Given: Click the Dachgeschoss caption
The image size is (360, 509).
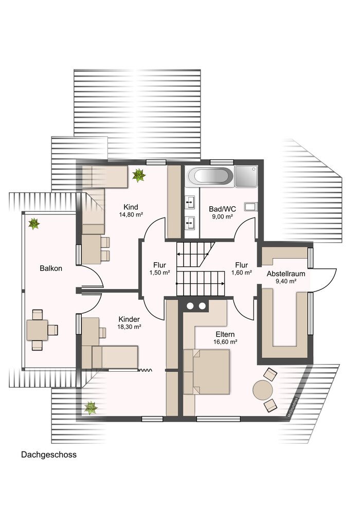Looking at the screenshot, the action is click(49, 455).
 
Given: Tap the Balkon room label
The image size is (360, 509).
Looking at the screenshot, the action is click(50, 268).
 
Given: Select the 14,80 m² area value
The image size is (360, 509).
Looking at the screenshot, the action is click(131, 214).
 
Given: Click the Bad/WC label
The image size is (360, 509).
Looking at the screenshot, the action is click(222, 209).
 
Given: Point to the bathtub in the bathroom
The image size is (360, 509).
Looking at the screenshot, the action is click(210, 176).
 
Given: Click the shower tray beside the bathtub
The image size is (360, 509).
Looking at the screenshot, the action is click(246, 176).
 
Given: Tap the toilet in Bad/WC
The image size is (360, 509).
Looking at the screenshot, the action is click(251, 207).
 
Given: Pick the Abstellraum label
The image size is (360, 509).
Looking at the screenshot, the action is click(286, 274).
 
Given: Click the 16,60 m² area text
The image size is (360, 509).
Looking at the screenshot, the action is click(225, 342).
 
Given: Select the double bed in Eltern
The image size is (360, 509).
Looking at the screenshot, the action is click(207, 372).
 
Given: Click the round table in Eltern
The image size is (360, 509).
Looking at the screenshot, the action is click(263, 390).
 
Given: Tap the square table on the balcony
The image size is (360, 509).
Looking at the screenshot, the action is click(37, 330).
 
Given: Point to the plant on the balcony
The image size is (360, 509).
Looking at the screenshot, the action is click(34, 224).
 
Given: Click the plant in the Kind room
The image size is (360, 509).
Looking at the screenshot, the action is click(139, 175).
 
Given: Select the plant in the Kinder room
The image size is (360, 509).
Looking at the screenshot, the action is click(91, 408).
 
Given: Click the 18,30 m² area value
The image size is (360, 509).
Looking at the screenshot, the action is click(129, 327).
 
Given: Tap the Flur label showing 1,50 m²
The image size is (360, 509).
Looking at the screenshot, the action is click(160, 265).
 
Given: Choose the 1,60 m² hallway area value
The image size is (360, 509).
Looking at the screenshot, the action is click(242, 272).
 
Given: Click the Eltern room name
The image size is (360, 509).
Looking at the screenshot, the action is click(225, 334).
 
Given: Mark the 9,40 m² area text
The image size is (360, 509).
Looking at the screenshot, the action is click(286, 281).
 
